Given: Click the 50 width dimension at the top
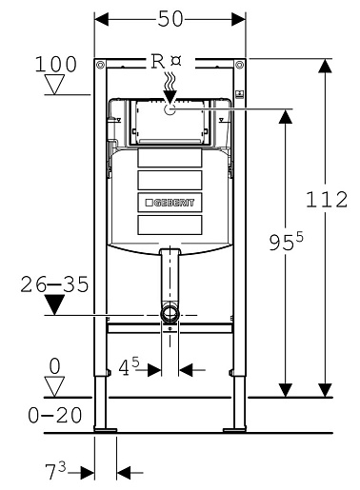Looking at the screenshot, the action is (170, 19).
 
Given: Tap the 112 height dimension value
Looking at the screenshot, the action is (327, 200).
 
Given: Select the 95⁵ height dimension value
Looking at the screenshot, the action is (286, 242).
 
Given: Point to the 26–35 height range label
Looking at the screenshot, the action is (54, 284).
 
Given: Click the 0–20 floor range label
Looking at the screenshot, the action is (55, 415).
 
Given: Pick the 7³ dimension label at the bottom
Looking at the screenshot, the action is (55, 471).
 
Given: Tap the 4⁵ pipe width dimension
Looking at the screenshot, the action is (129, 366).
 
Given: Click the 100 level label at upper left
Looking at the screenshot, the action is (55, 64).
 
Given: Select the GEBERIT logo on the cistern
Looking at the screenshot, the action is (170, 203).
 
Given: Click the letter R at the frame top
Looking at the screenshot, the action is (158, 61).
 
